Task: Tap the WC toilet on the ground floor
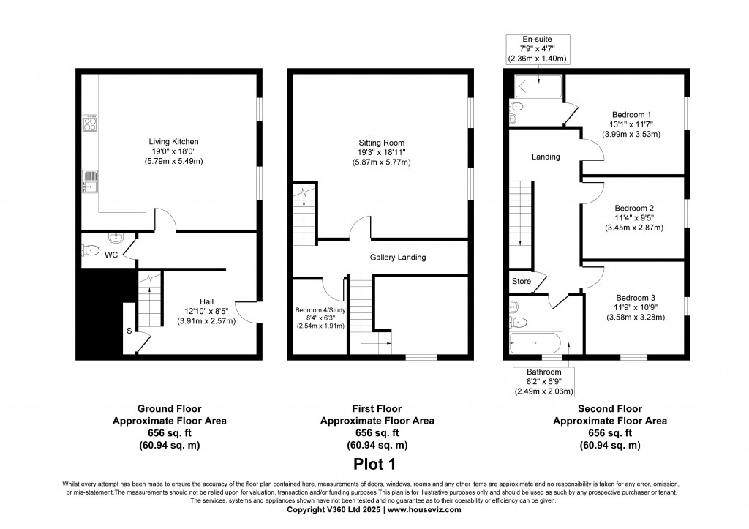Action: (x=91, y=251)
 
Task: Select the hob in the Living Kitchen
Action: (x=91, y=123)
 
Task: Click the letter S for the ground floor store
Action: (x=129, y=331)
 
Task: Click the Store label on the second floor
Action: (x=521, y=280)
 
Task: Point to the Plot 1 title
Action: (x=374, y=463)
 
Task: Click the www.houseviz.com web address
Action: (x=424, y=510)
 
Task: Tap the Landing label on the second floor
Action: (x=546, y=157)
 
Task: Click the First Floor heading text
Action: (x=377, y=409)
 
